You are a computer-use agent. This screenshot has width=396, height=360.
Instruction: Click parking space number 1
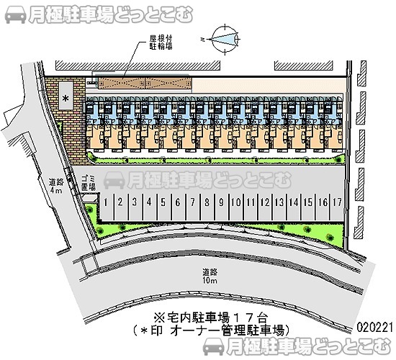105,203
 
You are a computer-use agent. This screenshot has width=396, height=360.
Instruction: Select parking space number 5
163,203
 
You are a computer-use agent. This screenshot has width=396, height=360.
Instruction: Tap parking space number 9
222,203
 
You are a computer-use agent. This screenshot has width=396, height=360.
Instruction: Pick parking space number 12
265,203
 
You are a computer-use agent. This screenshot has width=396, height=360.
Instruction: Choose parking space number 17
337,203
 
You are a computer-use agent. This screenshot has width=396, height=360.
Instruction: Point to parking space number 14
294,203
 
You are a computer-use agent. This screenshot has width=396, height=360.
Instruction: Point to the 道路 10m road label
210,276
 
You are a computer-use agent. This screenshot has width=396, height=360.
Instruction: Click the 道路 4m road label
56,186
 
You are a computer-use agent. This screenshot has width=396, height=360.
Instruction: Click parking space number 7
192,203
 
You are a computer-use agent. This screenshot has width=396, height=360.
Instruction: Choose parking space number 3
134,203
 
